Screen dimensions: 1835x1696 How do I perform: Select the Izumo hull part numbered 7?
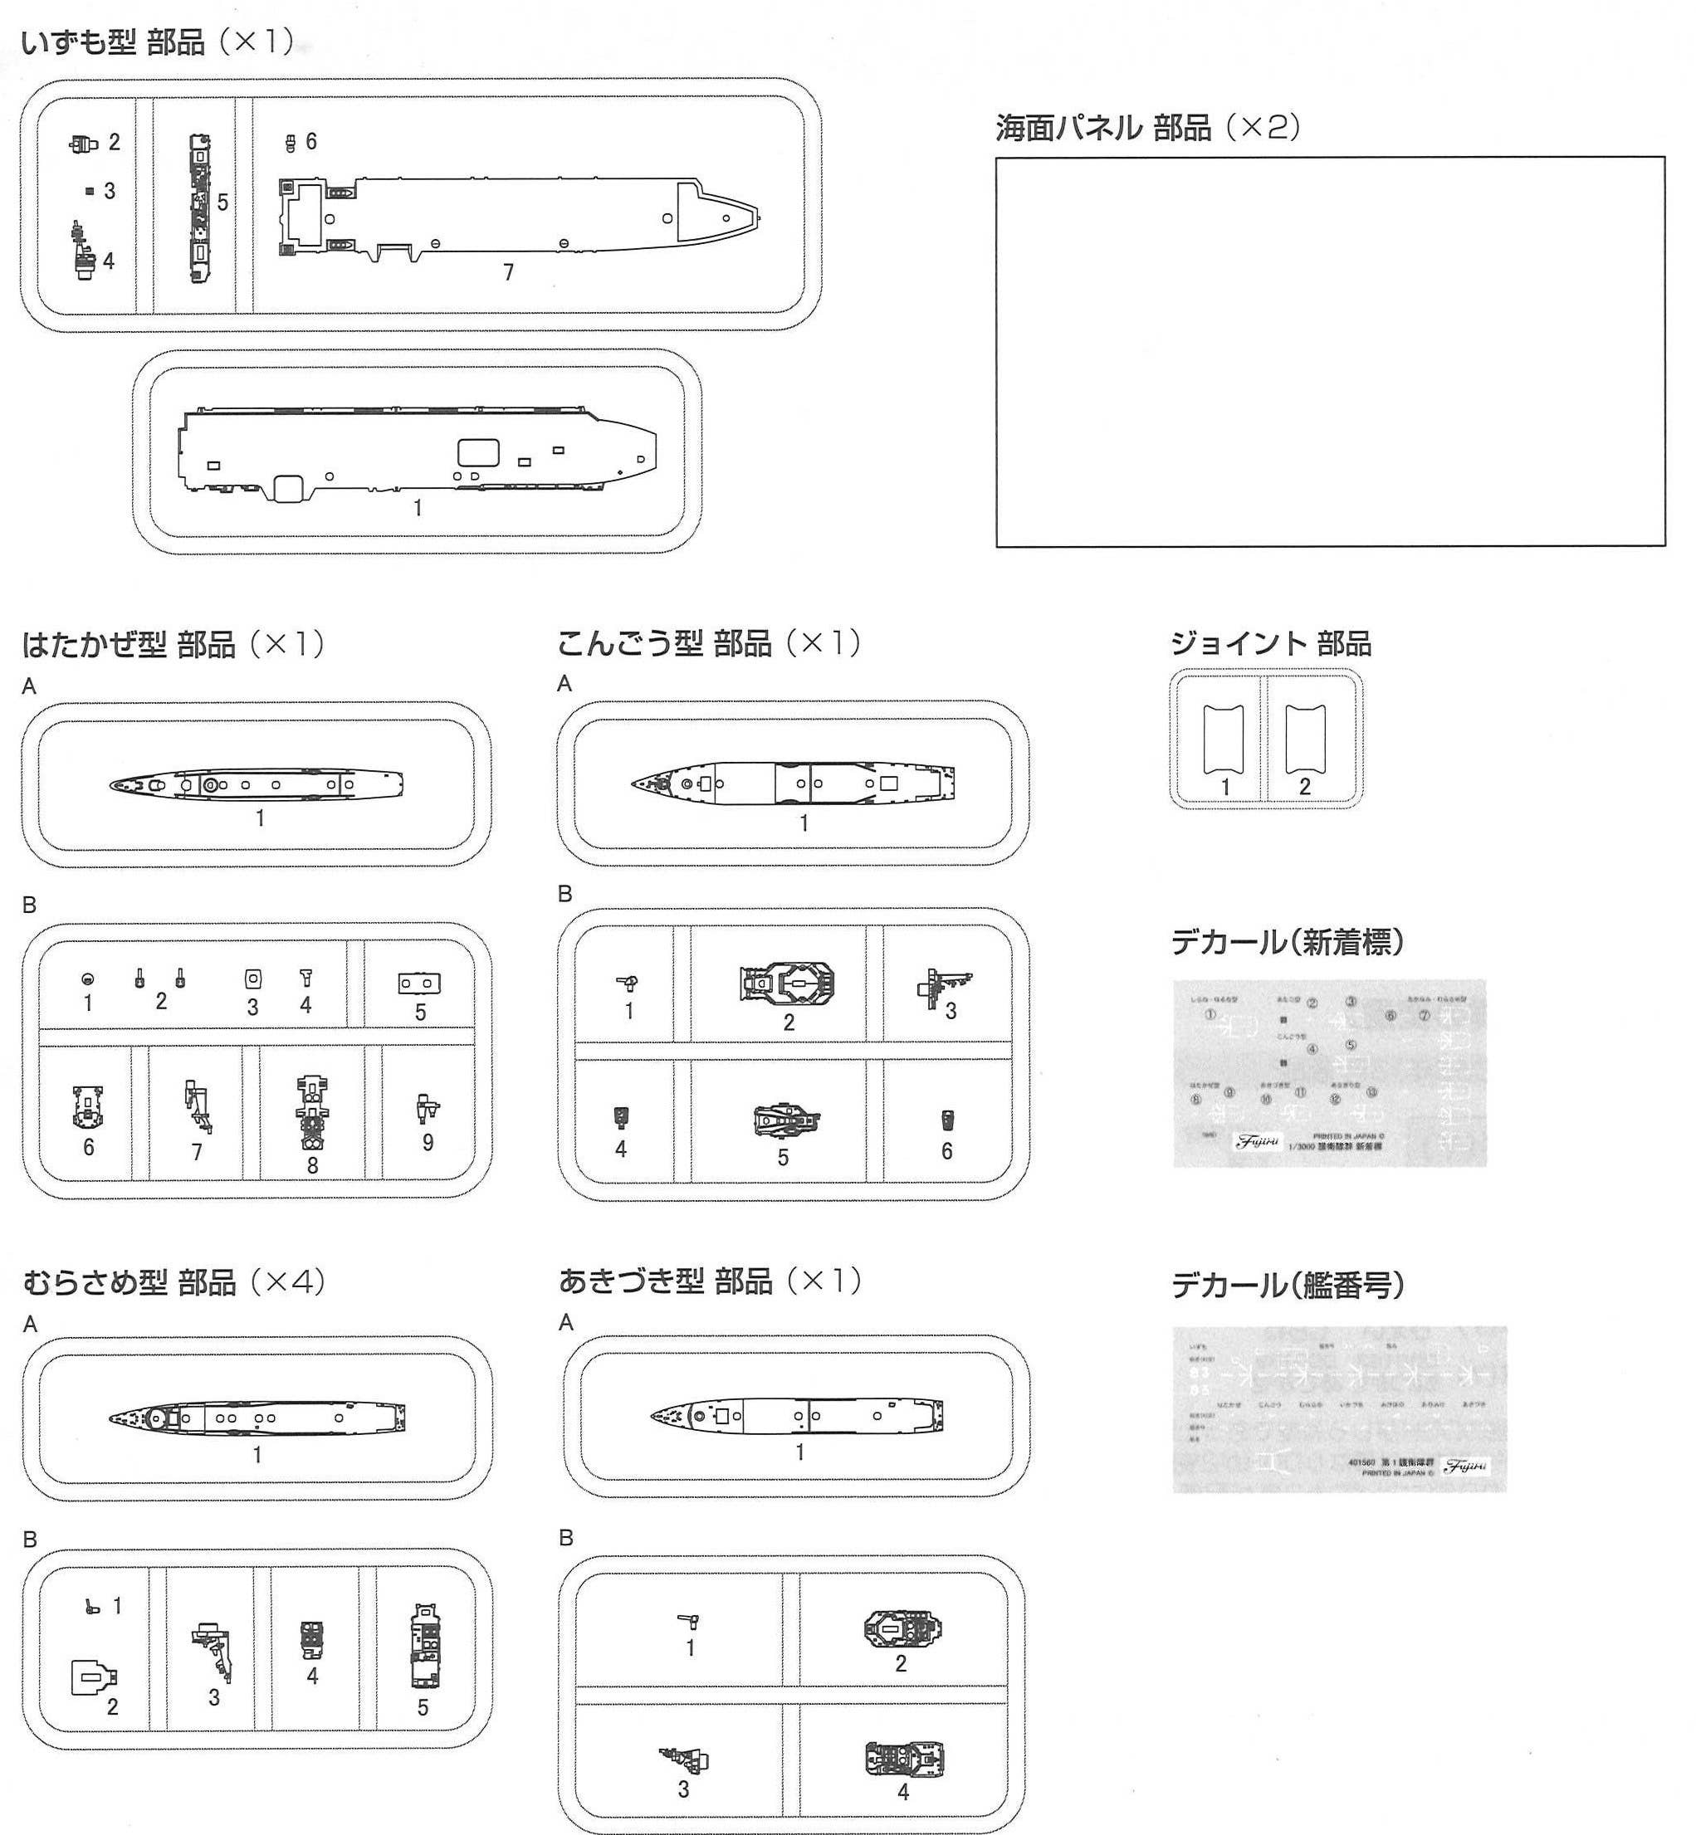(x=519, y=217)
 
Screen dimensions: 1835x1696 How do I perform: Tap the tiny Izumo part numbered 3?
(x=90, y=191)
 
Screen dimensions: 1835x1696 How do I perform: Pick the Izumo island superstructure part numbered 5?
(x=199, y=209)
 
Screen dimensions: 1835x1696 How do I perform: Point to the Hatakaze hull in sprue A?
(x=257, y=785)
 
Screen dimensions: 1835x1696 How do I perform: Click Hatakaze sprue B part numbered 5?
(x=419, y=983)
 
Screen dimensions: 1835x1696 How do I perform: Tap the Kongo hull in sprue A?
(x=794, y=783)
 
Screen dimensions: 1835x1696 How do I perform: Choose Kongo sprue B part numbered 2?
(x=789, y=983)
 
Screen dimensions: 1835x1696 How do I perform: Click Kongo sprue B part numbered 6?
(x=947, y=1120)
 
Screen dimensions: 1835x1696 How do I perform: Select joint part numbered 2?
(x=1304, y=739)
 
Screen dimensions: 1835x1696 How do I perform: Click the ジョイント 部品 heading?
(x=1270, y=644)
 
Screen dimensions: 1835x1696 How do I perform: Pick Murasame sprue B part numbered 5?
(x=424, y=1647)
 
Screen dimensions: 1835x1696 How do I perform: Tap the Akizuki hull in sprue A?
(x=797, y=1416)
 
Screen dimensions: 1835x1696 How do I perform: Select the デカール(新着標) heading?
(x=1287, y=942)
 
